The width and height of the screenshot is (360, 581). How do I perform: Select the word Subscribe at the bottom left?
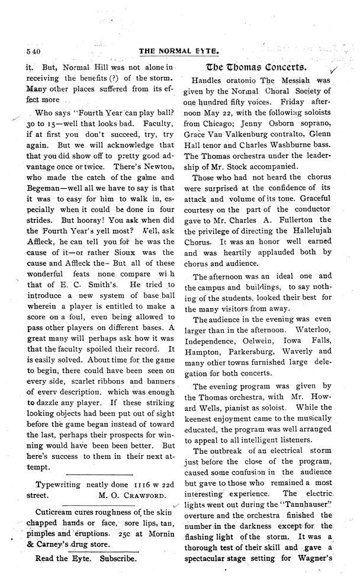[x=118, y=558]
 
